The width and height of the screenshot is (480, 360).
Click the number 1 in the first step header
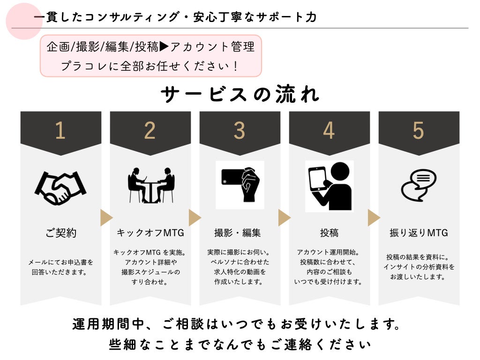pyautogui.click(x=60, y=130)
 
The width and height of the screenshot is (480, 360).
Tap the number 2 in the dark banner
pyautogui.click(x=150, y=130)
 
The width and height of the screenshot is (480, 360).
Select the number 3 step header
pyautogui.click(x=240, y=130)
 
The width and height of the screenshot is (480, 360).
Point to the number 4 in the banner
pyautogui.click(x=329, y=130)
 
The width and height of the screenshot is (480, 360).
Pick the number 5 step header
pyautogui.click(x=419, y=130)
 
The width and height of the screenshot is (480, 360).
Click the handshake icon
pyautogui.click(x=60, y=187)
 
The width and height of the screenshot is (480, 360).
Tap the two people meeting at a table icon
pyautogui.click(x=151, y=185)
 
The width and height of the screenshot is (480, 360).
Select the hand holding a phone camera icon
pyautogui.click(x=240, y=185)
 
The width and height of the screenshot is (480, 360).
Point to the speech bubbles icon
pyautogui.click(x=419, y=185)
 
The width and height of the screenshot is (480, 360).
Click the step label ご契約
pyautogui.click(x=60, y=233)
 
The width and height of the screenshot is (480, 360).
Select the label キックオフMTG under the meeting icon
pyautogui.click(x=150, y=233)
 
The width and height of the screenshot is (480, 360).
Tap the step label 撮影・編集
pyautogui.click(x=238, y=233)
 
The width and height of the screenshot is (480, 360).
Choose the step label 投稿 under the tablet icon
pyautogui.click(x=329, y=233)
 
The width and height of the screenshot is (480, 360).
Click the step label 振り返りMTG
pyautogui.click(x=419, y=233)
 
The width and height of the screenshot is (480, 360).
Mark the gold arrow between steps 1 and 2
pyautogui.click(x=106, y=217)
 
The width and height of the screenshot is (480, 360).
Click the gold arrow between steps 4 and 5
pyautogui.click(x=374, y=217)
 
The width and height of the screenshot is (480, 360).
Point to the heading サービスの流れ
pyautogui.click(x=240, y=94)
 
